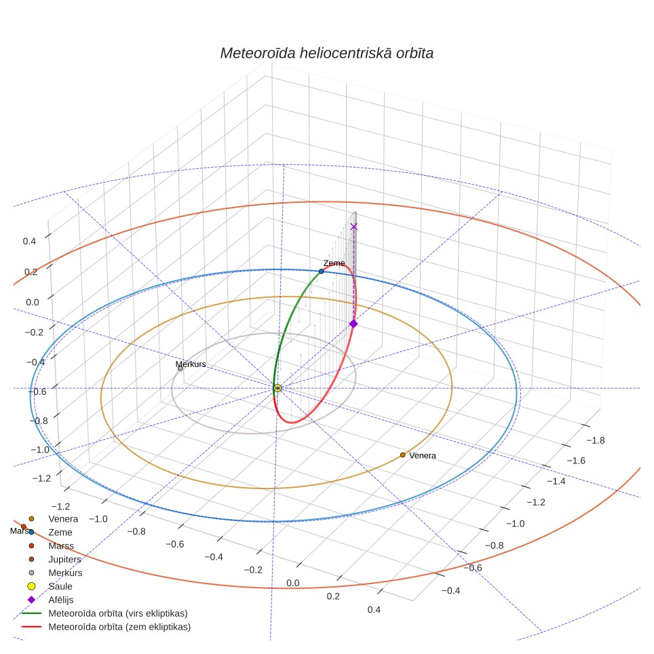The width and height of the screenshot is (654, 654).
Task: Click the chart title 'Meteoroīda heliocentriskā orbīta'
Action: tap(326, 53)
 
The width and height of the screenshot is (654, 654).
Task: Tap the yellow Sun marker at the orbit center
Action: tap(277, 388)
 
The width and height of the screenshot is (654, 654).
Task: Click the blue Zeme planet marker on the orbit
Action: tap(321, 271)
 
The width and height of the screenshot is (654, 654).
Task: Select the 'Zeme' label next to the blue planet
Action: tap(334, 263)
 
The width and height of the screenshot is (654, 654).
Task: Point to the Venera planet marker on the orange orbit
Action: tap(402, 455)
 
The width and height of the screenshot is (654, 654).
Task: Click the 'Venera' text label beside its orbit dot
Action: tap(423, 455)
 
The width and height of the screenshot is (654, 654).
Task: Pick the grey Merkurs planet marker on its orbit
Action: tap(180, 368)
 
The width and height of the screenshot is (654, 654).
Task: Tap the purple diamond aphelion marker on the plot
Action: tap(353, 324)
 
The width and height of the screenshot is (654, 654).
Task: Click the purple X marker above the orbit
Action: tap(353, 227)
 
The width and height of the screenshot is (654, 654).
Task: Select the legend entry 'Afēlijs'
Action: tap(61, 600)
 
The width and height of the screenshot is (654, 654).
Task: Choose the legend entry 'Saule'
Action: tap(60, 586)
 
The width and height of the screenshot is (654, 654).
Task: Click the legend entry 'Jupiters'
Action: tap(64, 559)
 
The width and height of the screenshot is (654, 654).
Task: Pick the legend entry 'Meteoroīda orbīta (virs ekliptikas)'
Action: tap(118, 613)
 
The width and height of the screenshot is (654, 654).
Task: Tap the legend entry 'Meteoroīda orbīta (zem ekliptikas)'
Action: tap(119, 627)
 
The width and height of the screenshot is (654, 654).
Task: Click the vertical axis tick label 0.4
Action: tap(29, 241)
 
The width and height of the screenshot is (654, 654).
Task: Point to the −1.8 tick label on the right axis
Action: tap(595, 440)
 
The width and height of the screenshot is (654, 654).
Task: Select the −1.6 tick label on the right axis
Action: tap(576, 461)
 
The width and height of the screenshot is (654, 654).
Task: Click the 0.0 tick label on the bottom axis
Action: tap(293, 583)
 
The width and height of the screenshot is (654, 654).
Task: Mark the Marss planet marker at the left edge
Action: tap(24, 526)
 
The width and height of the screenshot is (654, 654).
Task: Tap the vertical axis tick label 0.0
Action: tap(33, 302)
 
